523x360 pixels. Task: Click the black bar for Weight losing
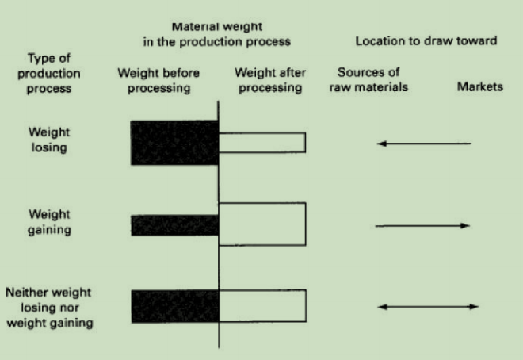174,143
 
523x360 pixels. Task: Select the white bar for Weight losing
262,143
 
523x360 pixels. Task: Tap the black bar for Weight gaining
174,225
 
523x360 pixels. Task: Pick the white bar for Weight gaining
262,224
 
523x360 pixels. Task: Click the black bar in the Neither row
174,306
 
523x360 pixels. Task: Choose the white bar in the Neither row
262,306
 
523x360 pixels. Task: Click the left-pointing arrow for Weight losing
424,144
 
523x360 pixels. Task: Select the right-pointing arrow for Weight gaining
423,226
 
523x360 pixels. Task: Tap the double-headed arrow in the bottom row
428,307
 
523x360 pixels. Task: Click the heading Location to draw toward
426,41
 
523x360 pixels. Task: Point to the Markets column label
480,87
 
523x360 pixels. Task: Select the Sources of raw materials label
368,80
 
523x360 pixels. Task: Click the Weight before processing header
158,81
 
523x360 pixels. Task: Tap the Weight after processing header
269,80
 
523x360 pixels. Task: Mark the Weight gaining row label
49,222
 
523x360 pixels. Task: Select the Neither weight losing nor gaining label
49,308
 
